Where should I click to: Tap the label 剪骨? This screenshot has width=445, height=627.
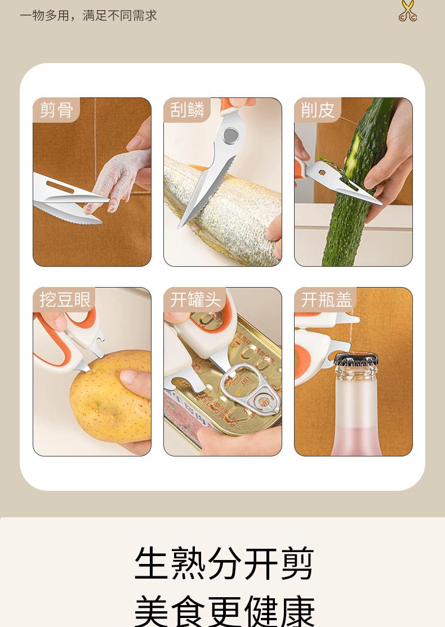pos(56,110)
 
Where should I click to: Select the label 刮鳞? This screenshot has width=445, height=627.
pos(187,110)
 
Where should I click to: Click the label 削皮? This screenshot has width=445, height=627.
pos(318,110)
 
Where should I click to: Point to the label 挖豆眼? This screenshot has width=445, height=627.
pos(65,299)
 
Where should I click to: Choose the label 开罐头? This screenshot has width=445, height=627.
pos(195,299)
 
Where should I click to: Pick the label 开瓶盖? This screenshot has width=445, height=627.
pos(327,299)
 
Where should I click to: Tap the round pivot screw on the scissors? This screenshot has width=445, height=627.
pos(230,136)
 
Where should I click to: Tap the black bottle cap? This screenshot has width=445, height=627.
pos(356,359)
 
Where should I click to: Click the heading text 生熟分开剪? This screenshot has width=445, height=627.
pos(224,564)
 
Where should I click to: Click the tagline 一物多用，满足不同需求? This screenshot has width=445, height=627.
pos(88,16)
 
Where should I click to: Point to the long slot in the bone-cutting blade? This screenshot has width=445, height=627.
pos(60,187)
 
